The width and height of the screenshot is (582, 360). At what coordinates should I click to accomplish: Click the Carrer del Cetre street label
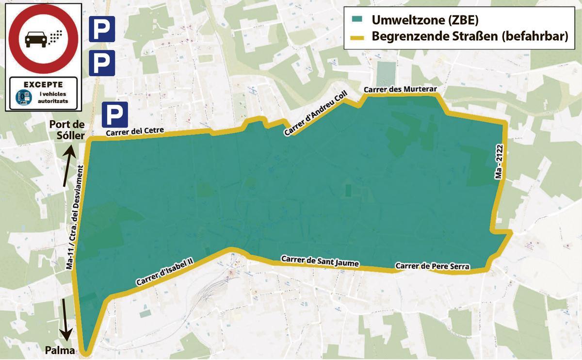point(135,131)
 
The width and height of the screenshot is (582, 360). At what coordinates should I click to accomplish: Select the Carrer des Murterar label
point(401,90)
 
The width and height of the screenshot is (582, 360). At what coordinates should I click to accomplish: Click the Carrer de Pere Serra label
point(432,266)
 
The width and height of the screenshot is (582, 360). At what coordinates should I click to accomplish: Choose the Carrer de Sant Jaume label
point(320,261)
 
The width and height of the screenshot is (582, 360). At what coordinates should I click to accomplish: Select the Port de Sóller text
point(67,129)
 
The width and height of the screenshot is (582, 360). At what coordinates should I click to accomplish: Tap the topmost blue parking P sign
point(102,29)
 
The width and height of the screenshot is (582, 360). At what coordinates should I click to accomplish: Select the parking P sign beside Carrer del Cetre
point(115,115)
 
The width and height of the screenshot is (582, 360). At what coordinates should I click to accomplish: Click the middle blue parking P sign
point(102,63)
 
